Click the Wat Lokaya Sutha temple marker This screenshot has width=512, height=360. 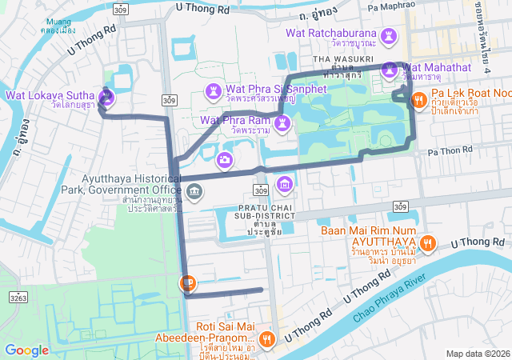107,96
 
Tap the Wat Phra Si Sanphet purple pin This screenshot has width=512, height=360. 214,90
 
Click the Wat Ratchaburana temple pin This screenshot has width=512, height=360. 388,37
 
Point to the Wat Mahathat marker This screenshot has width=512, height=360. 391,69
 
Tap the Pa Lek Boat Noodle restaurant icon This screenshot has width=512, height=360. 418,100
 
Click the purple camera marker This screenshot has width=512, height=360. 226,160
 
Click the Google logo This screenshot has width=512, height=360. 26,350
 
